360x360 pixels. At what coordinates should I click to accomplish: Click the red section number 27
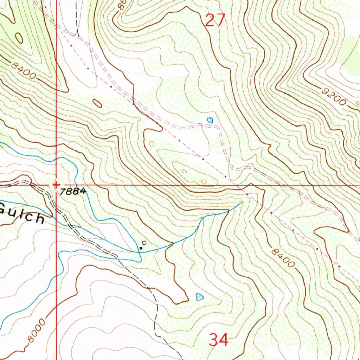point(214,20)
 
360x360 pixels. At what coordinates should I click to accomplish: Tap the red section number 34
point(219,340)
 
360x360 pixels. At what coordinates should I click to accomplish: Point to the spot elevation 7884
point(73,192)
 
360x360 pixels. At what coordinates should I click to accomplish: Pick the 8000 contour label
point(37,330)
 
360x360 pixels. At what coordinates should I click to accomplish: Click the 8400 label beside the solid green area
point(23,71)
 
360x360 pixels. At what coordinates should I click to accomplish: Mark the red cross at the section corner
point(56,184)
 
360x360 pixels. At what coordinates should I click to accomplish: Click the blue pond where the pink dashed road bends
point(210,120)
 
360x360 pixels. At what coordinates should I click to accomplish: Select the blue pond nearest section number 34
point(199,297)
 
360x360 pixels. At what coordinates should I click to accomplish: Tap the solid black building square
point(141,248)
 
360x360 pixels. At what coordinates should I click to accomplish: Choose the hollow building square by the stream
point(144,243)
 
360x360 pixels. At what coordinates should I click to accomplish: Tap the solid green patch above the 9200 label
point(350,56)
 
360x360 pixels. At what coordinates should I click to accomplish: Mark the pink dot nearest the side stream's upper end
point(247,194)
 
